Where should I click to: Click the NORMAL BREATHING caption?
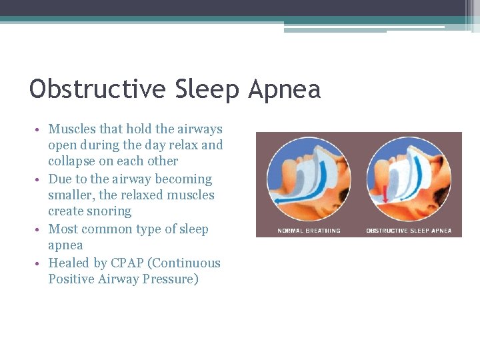point(309,231)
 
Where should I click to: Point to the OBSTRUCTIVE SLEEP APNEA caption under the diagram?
point(409,231)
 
